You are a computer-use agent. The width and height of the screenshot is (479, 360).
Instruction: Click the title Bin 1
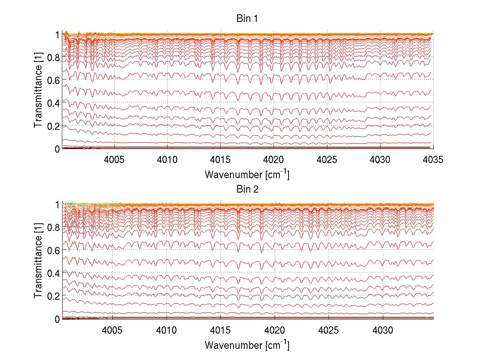click(247, 19)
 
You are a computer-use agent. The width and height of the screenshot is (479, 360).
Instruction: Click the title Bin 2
click(247, 189)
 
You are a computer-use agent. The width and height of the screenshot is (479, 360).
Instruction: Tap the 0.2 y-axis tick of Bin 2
click(53, 296)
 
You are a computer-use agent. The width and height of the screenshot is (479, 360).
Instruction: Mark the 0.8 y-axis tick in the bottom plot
click(53, 227)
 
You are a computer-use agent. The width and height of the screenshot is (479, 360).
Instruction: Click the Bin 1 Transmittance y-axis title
click(38, 91)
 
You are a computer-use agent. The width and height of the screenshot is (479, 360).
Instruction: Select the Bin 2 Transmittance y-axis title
click(38, 262)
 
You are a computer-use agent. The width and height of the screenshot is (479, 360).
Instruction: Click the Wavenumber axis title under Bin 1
click(247, 175)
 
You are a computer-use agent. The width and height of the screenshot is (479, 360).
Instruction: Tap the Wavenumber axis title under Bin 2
click(247, 345)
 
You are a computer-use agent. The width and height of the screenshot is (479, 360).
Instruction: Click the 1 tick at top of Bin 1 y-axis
click(57, 35)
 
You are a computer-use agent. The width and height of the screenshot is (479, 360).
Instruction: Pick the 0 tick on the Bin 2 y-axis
click(57, 319)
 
